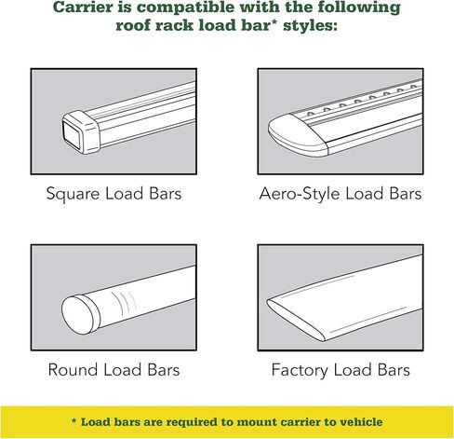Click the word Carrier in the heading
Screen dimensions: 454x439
pyautogui.click(x=82, y=7)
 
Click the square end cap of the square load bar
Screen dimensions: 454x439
pyautogui.click(x=81, y=131)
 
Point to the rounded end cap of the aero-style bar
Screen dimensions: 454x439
pyautogui.click(x=297, y=135)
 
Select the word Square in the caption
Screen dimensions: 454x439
pyautogui.click(x=73, y=194)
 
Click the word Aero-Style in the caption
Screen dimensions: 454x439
pyautogui.click(x=300, y=193)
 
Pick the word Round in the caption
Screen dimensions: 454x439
pyautogui.click(x=73, y=370)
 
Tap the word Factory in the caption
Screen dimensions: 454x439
pyautogui.click(x=300, y=370)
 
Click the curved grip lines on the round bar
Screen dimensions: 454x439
pyautogui.click(x=124, y=302)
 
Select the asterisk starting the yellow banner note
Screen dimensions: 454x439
pyautogui.click(x=73, y=420)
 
